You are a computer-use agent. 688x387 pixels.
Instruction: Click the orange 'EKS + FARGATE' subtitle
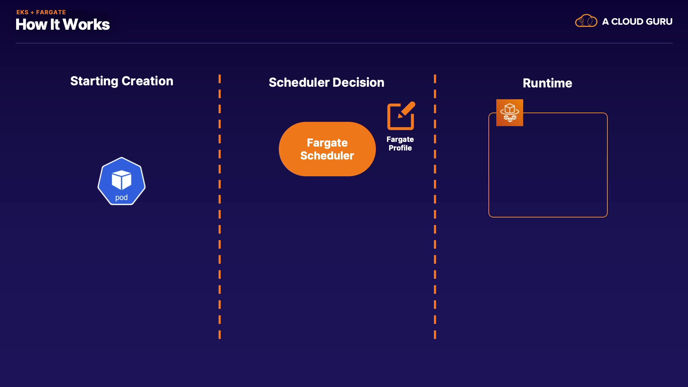coord(41,12)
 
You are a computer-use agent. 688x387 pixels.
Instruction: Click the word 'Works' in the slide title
coord(86,25)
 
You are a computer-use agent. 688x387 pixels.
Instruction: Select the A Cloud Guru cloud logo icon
coord(586,21)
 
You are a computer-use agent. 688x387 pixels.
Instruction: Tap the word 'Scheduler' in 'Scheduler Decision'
coord(299,83)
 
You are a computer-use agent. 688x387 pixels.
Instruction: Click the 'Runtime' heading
coord(547,83)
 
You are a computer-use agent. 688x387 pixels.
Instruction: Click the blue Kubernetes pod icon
coord(121,181)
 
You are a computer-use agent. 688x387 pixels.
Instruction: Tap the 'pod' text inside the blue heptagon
coord(121,198)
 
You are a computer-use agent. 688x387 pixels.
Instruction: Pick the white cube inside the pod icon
coord(121,180)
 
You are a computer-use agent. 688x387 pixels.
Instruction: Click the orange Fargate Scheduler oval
coord(327,149)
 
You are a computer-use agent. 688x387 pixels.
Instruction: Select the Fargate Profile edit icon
coord(401,116)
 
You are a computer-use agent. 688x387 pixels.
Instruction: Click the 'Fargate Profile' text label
coord(400,144)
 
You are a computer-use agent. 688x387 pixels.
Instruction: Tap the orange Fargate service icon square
coord(510,113)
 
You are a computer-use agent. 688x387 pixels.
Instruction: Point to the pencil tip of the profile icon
coord(400,116)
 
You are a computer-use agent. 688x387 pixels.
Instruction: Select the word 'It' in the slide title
coord(55,25)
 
